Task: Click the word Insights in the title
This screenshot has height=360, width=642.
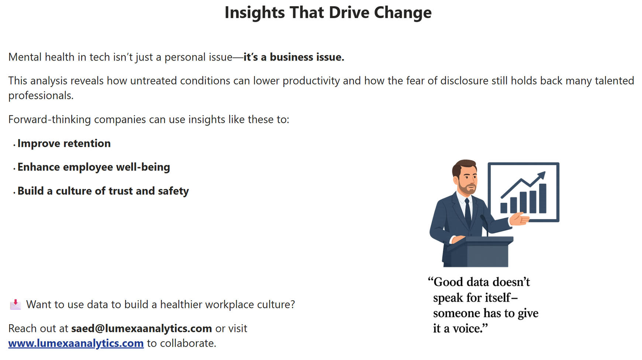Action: (255, 13)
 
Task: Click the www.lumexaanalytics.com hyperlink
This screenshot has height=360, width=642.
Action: (76, 343)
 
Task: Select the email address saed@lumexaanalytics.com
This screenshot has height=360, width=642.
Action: (141, 328)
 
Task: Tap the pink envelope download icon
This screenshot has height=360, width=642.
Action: (15, 304)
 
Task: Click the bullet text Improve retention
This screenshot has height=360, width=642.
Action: (64, 143)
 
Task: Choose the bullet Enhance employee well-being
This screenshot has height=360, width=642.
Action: (94, 167)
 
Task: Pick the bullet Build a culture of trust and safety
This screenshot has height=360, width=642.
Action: (103, 191)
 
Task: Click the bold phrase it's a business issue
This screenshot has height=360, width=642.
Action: (294, 57)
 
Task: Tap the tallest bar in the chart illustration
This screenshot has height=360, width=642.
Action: (543, 198)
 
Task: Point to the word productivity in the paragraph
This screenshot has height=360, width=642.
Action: (311, 81)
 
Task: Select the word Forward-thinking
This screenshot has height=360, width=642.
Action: (49, 120)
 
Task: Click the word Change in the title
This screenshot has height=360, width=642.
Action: (403, 13)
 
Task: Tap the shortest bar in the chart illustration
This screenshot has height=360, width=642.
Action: (504, 208)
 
